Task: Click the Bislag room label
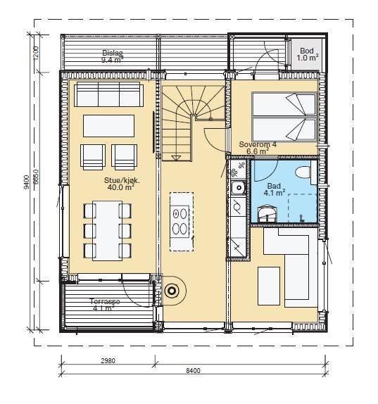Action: tap(113, 53)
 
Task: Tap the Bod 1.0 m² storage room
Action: tap(306, 54)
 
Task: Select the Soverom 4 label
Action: tap(258, 144)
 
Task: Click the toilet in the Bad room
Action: tap(305, 172)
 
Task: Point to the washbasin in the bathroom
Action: tap(267, 213)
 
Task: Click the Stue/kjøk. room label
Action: tap(122, 180)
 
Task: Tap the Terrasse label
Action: tap(105, 301)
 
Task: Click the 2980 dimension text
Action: tap(108, 360)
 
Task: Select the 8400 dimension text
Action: tap(193, 371)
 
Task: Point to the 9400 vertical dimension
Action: tap(26, 182)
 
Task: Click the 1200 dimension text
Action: tap(36, 53)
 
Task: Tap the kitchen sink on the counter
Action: tap(238, 187)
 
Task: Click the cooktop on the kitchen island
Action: tap(179, 220)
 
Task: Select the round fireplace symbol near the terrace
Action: tap(172, 291)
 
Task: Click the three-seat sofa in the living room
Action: tap(108, 94)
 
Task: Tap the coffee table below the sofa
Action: tap(108, 126)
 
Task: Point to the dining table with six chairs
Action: tap(108, 231)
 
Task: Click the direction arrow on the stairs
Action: tap(176, 158)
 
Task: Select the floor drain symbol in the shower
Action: tap(301, 218)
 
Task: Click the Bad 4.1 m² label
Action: tap(274, 189)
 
